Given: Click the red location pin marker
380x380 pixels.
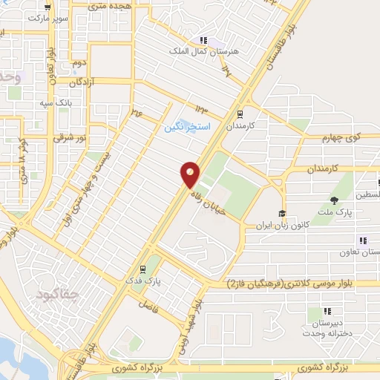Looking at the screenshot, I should click(191, 174).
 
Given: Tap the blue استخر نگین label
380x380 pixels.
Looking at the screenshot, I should click(187, 127).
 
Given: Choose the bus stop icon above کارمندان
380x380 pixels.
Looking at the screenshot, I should click(239, 114).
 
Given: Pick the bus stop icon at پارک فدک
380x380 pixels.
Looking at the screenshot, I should click(142, 269).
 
